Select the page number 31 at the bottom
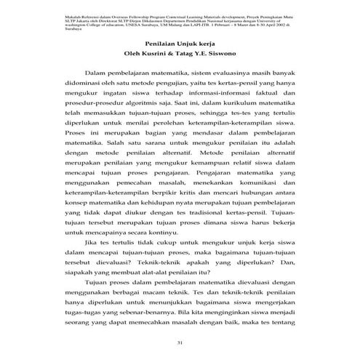(180, 343)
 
